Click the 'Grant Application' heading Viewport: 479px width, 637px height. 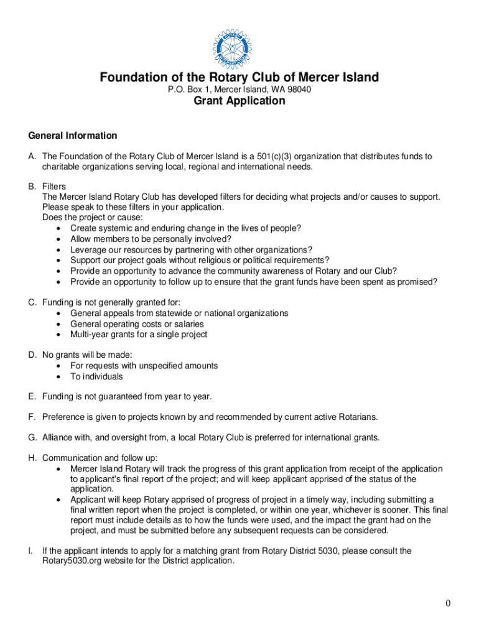point(240,101)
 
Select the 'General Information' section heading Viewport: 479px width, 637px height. point(72,136)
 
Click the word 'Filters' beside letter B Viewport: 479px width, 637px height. point(54,187)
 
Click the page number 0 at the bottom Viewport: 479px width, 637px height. point(448,603)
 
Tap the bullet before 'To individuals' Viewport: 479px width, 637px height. point(58,377)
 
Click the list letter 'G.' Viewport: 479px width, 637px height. point(32,437)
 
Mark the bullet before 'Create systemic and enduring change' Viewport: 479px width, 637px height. point(58,229)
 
